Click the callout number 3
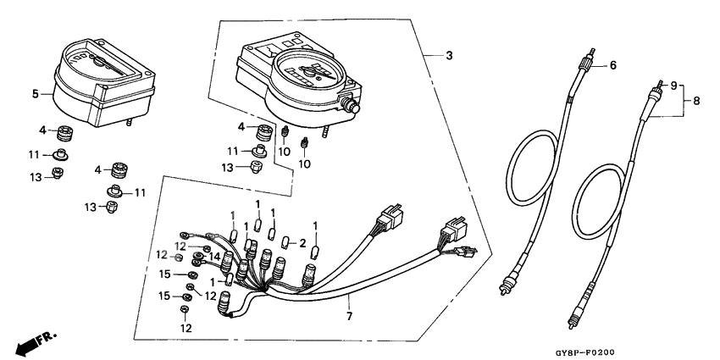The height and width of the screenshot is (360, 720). point(449,56)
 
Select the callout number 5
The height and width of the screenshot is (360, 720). point(36,94)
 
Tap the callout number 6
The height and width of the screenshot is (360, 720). point(613,65)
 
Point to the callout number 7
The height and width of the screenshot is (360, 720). point(349,316)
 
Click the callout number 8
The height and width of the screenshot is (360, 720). point(696,101)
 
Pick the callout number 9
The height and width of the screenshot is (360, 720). point(674,86)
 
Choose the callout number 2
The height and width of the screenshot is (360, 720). point(301,243)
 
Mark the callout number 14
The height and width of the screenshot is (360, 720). point(214,256)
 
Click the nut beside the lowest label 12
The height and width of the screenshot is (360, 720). point(185,312)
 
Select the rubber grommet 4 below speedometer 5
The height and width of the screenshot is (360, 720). point(64,134)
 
